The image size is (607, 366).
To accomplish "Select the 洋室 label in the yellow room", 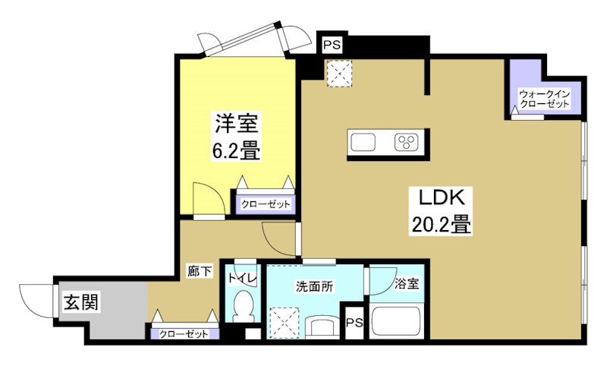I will click(x=237, y=123).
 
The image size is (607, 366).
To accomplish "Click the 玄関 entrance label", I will click(x=80, y=302).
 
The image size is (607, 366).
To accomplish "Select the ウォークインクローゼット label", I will click(x=544, y=99).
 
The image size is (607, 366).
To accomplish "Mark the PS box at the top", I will click(x=332, y=45).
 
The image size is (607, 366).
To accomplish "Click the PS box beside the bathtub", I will click(x=354, y=323).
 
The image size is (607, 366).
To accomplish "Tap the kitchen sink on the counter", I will click(x=363, y=142).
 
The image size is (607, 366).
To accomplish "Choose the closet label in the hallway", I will click(x=186, y=333).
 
